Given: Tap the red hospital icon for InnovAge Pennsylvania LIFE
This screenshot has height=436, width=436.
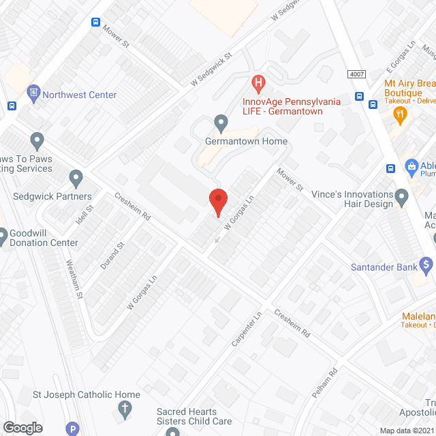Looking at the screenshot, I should click(258, 84).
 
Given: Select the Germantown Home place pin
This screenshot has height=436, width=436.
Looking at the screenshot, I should click(221, 123).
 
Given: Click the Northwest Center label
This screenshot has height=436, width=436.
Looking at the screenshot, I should click(80, 95).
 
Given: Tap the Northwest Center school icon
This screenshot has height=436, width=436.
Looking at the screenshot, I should click(33, 92).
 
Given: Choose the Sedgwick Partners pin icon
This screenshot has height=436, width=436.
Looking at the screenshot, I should click(76, 179).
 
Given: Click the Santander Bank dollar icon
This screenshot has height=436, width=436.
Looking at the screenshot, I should click(427, 264).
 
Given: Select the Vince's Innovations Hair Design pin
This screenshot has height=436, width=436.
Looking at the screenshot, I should click(402, 198).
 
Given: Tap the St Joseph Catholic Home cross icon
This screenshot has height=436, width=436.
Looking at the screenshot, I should click(125, 409).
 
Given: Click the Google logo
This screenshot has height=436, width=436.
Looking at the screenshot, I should click(22, 427).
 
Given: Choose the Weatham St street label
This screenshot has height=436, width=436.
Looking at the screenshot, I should click(75, 280).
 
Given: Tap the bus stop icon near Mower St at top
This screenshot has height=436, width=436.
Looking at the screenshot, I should click(95, 22).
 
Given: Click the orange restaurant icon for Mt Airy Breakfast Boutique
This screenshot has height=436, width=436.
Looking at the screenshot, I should click(401, 114).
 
